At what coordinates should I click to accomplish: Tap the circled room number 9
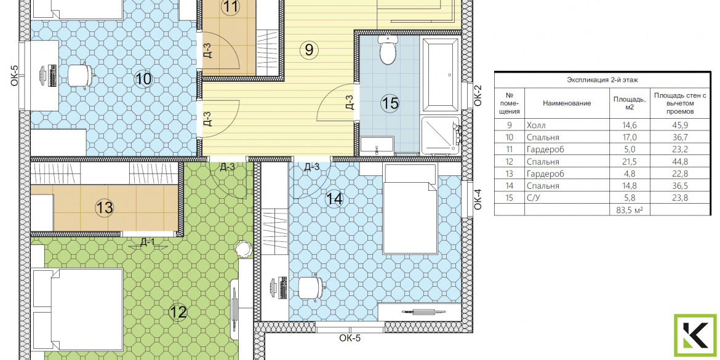pyautogui.click(x=308, y=50)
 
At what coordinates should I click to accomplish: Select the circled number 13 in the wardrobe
pyautogui.click(x=105, y=207)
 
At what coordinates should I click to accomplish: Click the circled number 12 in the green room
pyautogui.click(x=178, y=313)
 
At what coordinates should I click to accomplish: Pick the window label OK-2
pyautogui.click(x=478, y=95)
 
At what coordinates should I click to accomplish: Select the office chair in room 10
pyautogui.click(x=81, y=75)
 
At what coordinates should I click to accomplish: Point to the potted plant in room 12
pyautogui.click(x=243, y=249)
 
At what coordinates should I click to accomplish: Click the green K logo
pyautogui.click(x=695, y=335)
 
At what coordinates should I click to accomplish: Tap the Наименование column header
pyautogui.click(x=567, y=103)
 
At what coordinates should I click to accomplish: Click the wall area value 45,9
pyautogui.click(x=679, y=125)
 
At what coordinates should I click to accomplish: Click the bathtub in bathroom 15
pyautogui.click(x=441, y=76)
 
